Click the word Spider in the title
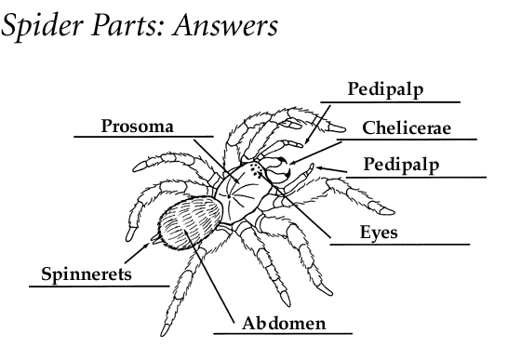[x=42, y=26]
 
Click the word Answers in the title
[x=225, y=25]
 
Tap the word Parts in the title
[x=127, y=26]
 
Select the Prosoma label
[x=138, y=127]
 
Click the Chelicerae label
[x=407, y=128]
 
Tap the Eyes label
[x=379, y=233]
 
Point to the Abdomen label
[x=284, y=323]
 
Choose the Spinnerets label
[x=87, y=274]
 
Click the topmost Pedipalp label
[x=385, y=89]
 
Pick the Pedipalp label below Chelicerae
[x=401, y=165]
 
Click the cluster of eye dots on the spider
[x=257, y=169]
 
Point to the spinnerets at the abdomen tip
[x=156, y=238]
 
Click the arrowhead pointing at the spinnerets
[x=146, y=246]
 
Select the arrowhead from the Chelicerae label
[x=292, y=163]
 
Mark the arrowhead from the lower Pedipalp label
[x=319, y=168]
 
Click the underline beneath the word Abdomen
[x=283, y=333]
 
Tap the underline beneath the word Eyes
[x=400, y=245]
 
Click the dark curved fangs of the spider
[x=285, y=167]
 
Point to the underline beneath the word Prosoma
[x=143, y=136]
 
